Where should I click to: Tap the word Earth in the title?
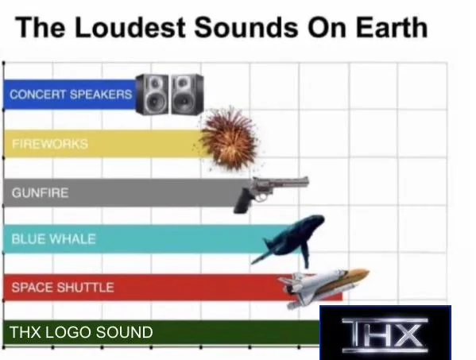[387, 28]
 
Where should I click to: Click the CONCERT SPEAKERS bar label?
[71, 95]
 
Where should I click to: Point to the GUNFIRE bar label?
[40, 192]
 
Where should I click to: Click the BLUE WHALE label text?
[53, 239]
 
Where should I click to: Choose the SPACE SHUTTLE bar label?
[62, 287]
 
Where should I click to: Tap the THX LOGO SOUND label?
[81, 332]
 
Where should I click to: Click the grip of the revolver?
[243, 202]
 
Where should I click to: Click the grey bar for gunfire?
[143, 192]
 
